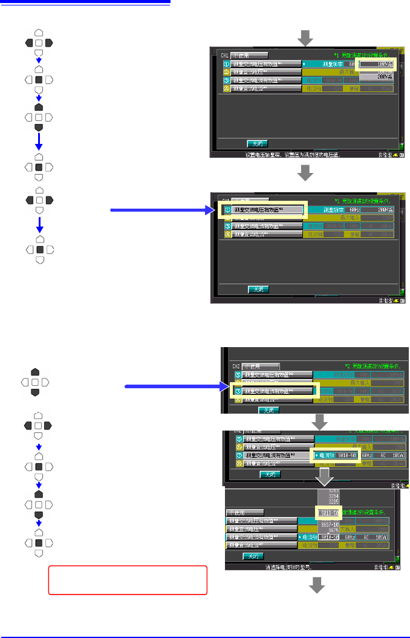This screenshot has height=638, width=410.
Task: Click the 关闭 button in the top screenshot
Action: [x=256, y=143]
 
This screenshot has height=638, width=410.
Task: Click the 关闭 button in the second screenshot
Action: [x=258, y=289]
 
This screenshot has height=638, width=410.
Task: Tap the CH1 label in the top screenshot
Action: [x=225, y=54]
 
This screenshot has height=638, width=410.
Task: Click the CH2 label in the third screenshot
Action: [x=237, y=366]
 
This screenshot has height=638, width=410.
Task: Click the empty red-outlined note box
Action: [x=128, y=580]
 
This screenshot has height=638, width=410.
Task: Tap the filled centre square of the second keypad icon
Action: [x=39, y=79]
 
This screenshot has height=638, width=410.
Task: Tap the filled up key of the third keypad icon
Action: [x=39, y=106]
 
